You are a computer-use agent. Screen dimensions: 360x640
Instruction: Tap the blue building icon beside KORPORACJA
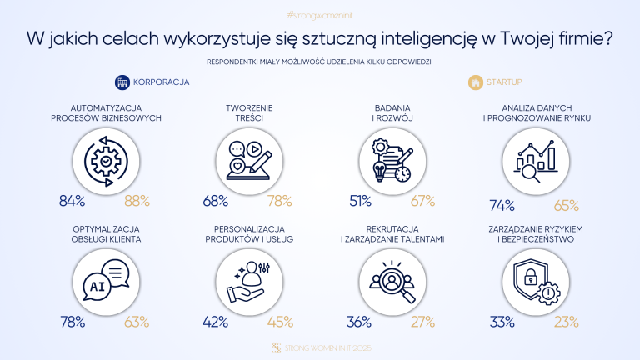pos(122,82)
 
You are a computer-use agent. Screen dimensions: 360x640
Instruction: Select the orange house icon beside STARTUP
pos(475,82)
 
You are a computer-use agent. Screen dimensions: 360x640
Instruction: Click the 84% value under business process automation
pos(72,200)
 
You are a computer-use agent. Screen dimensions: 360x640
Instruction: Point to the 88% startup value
pos(137,200)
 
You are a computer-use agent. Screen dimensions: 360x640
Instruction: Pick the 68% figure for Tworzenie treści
pos(216,200)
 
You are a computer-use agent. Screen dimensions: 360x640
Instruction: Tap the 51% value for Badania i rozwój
pos(360,200)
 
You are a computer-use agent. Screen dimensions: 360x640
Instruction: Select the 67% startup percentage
pos(423,200)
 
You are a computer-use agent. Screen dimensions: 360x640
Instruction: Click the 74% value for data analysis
pos(502,205)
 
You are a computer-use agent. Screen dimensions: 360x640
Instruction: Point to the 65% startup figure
pos(567,205)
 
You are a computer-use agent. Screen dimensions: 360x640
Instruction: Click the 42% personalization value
pos(217,322)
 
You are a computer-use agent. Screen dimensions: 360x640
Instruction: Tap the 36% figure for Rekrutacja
pos(360,322)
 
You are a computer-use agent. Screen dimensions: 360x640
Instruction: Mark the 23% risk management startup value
pos(567,322)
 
